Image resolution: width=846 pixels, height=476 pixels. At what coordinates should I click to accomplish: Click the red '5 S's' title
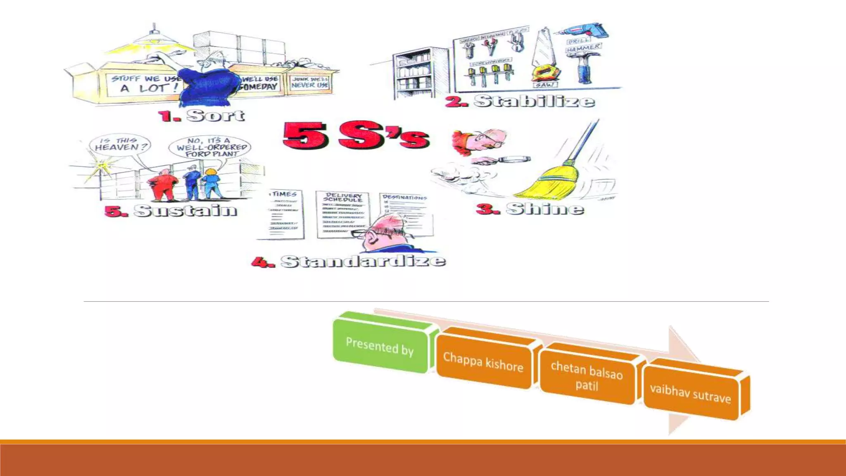(x=356, y=135)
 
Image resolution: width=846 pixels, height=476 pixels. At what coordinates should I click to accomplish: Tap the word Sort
(x=215, y=115)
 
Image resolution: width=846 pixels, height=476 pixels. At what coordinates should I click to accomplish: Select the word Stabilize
(x=534, y=101)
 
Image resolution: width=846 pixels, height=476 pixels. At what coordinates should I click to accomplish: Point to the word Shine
(x=545, y=209)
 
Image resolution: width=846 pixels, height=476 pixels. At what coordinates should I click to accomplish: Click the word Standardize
(x=363, y=261)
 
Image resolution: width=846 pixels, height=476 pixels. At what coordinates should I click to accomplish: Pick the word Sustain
(x=185, y=211)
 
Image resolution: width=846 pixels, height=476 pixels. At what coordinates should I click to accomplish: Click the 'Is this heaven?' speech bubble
(x=120, y=144)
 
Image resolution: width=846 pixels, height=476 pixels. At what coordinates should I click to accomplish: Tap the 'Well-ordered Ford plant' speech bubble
(x=210, y=148)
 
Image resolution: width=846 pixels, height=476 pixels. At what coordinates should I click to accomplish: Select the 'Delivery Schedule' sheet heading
(x=343, y=197)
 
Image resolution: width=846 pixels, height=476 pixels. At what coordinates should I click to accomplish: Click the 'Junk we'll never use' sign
(x=310, y=82)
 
